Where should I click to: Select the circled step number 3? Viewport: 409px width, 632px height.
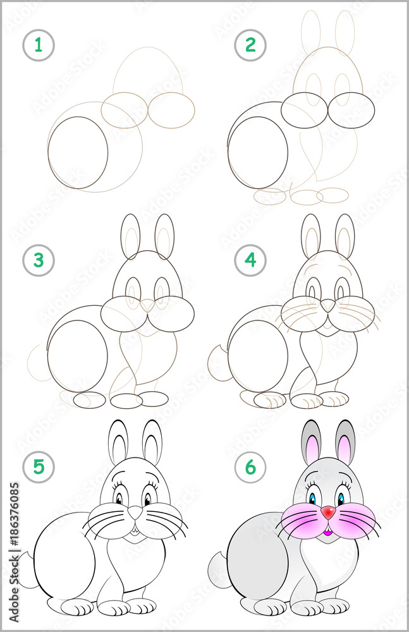click(x=38, y=260)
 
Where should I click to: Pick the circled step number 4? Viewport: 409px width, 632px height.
click(x=250, y=260)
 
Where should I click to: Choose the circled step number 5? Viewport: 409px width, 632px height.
click(x=38, y=467)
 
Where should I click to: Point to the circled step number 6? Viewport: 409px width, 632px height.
click(x=250, y=467)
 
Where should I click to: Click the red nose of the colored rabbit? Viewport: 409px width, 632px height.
click(x=327, y=511)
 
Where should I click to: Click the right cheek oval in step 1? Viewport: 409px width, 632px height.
click(x=171, y=109)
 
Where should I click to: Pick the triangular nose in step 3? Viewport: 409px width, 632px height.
click(x=147, y=305)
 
